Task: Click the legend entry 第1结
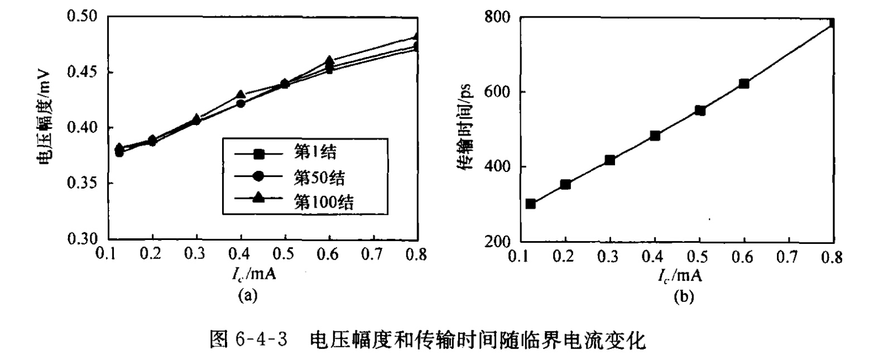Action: [315, 152]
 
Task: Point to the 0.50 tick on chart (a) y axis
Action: [82, 16]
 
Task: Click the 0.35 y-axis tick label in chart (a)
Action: [82, 183]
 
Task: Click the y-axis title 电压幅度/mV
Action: [44, 119]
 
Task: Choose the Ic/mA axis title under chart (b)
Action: [679, 276]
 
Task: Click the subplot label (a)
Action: [247, 295]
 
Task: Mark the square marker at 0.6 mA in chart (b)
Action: [743, 84]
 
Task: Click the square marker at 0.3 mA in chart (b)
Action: [609, 160]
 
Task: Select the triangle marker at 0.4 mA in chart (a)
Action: [241, 95]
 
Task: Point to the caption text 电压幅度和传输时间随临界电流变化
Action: [477, 340]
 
